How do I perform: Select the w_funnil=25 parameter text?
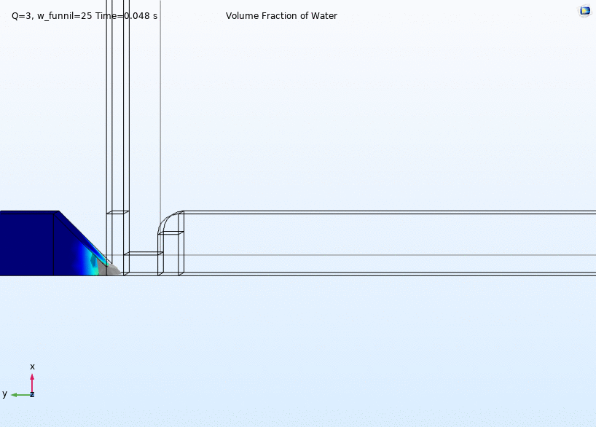pos(65,16)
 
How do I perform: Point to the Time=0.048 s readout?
pos(126,16)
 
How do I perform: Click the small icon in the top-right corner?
pos(585,11)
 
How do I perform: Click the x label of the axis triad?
pos(32,367)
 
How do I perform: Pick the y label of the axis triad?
pos(4,394)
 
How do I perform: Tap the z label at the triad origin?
pos(32,394)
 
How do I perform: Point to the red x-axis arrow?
pos(32,383)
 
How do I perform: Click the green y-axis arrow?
pos(21,395)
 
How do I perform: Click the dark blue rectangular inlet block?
pos(27,244)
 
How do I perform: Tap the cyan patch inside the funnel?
pos(93,263)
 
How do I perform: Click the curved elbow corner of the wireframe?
pos(168,221)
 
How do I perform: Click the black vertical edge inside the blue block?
pos(54,244)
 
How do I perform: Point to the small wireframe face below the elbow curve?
pos(170,233)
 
